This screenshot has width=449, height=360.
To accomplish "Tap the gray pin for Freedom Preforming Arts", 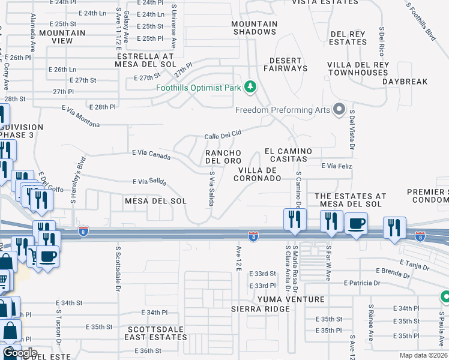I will [339, 109].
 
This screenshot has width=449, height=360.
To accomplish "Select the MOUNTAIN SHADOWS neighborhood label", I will [255, 28].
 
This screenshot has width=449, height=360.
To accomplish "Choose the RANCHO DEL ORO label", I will [224, 157].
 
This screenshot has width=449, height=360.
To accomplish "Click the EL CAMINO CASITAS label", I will [286, 155].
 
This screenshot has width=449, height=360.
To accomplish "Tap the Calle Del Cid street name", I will [223, 134].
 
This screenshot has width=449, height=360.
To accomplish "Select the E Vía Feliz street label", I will [340, 165].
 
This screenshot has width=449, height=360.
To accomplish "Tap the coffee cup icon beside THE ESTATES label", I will [357, 224].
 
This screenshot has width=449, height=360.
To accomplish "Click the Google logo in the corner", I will [20, 352].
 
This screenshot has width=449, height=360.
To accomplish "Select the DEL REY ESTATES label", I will [348, 38].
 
